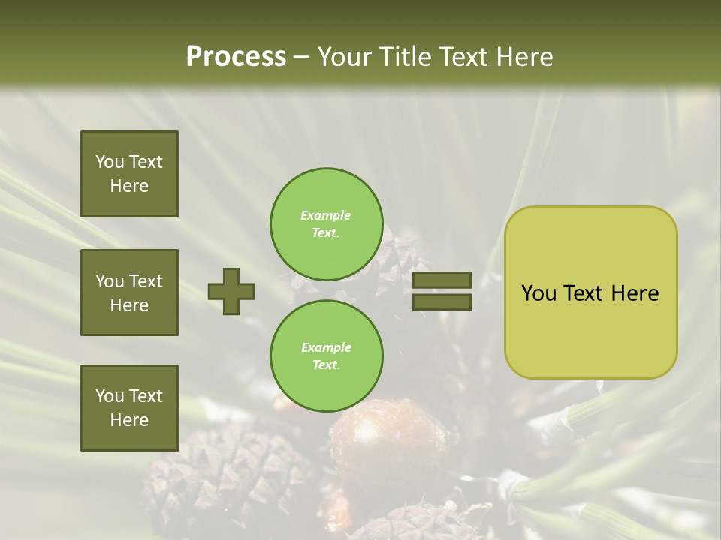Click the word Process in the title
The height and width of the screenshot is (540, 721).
(236, 56)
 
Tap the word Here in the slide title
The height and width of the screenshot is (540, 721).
(523, 56)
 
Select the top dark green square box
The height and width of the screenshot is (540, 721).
(129, 174)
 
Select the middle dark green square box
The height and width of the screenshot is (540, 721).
(129, 292)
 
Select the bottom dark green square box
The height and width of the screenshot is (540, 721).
(129, 407)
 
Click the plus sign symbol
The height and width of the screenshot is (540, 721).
(231, 291)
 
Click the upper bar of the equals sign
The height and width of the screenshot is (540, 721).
(442, 280)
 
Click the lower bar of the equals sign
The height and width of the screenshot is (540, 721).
(442, 301)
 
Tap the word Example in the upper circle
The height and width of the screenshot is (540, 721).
(325, 215)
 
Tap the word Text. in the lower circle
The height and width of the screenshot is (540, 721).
(326, 364)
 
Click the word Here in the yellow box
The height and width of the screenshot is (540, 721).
(635, 293)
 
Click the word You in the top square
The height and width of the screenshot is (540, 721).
(109, 162)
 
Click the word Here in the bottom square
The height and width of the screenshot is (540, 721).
(129, 420)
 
